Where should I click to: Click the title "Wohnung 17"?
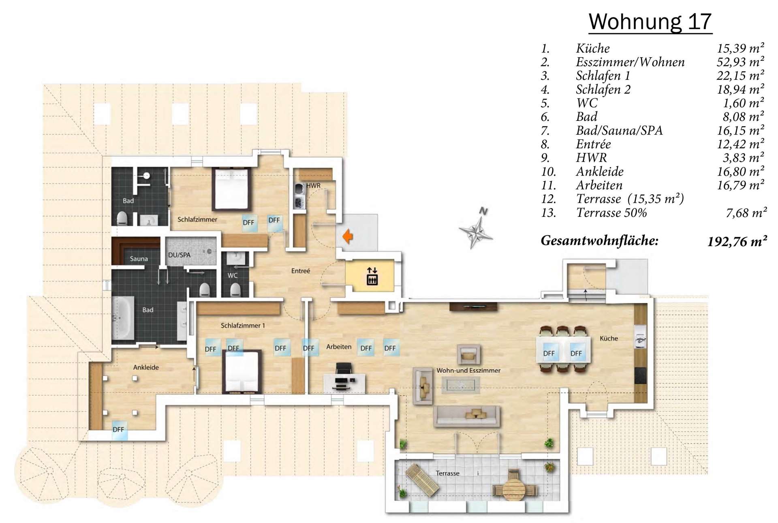point(650,21)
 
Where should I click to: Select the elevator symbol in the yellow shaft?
point(372,276)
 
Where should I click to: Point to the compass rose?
point(476,228)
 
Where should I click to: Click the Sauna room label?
point(139,259)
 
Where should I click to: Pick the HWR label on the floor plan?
point(313,186)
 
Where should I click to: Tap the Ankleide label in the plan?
point(146,367)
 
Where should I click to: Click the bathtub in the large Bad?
point(122,317)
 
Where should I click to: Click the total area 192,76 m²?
point(737,242)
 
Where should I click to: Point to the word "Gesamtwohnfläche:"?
point(600,241)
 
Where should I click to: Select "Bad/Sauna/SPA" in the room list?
point(619,131)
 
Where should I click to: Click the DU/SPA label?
point(179,255)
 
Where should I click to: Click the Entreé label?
point(301,271)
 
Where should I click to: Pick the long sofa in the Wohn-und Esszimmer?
point(467,416)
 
